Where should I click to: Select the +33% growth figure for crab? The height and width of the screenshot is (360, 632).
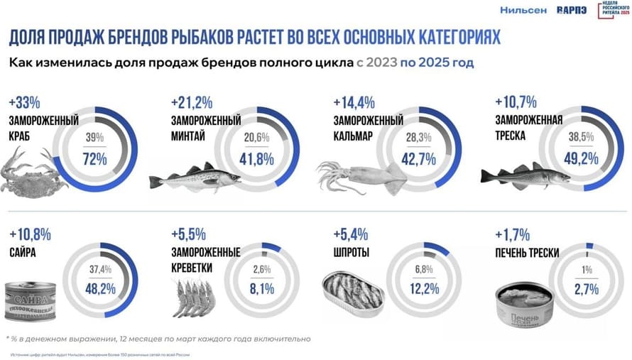pyautogui.click(x=26, y=102)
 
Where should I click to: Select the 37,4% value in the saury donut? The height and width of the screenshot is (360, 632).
pyautogui.click(x=100, y=268)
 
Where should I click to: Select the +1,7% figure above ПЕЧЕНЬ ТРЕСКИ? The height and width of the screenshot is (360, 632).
pyautogui.click(x=510, y=233)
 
